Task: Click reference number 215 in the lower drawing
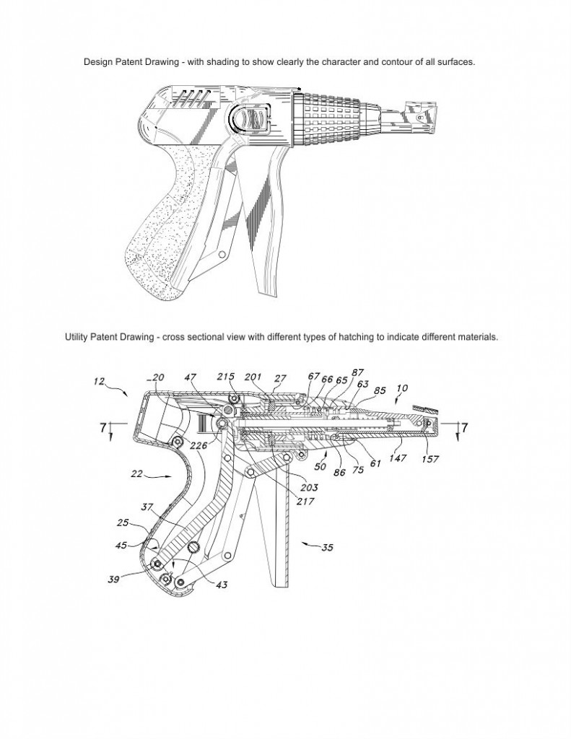click(x=226, y=377)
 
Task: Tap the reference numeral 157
click(x=430, y=458)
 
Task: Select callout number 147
click(x=398, y=458)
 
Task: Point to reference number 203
click(x=309, y=487)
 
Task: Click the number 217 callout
click(x=305, y=502)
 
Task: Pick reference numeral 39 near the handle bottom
click(x=113, y=580)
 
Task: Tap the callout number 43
click(x=222, y=585)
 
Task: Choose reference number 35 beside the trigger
click(x=327, y=547)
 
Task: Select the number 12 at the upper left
click(x=99, y=381)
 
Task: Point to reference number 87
click(x=358, y=373)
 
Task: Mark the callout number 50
click(x=321, y=467)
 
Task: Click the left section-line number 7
click(x=103, y=427)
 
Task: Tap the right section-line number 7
click(x=464, y=427)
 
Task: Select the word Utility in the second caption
click(x=76, y=337)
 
